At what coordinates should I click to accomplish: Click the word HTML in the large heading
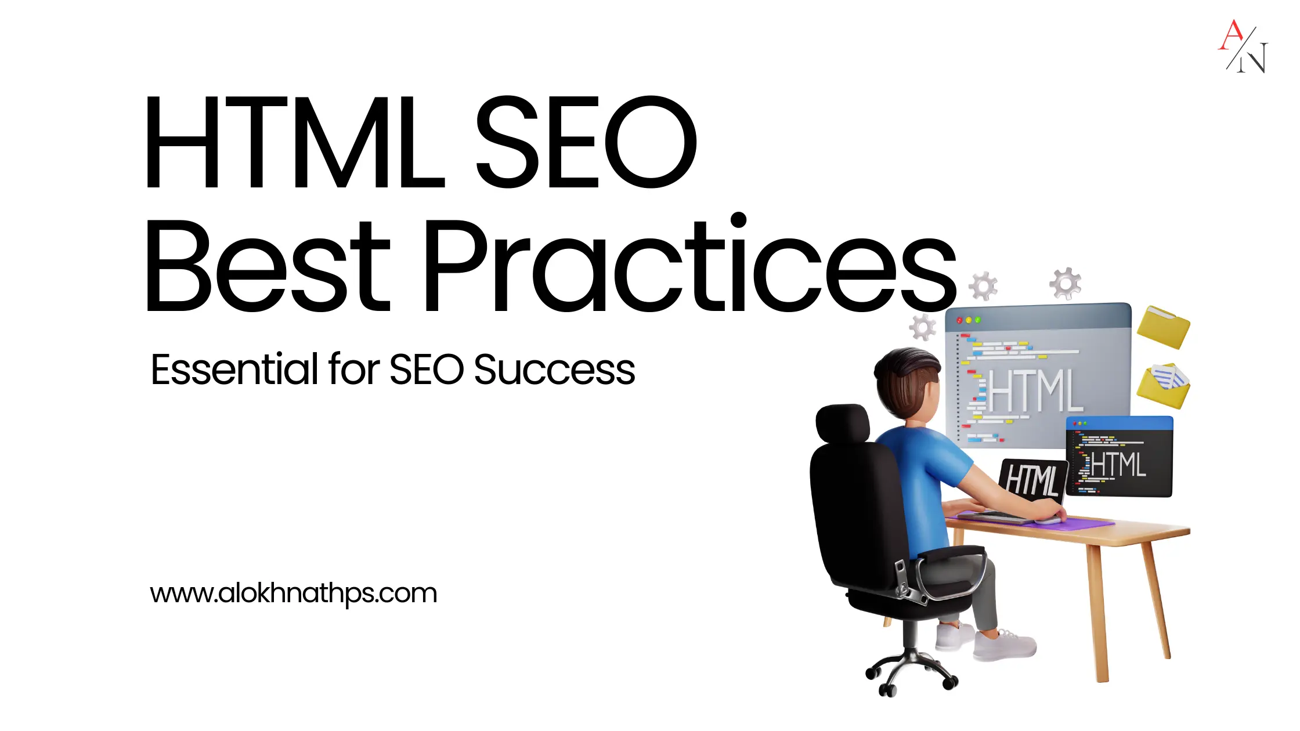pyautogui.click(x=295, y=143)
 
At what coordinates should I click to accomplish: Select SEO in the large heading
pyautogui.click(x=586, y=142)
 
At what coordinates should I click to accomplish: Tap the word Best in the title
pyautogui.click(x=268, y=266)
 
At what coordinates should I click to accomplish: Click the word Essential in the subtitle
pyautogui.click(x=235, y=369)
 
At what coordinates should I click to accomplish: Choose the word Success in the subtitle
pyautogui.click(x=555, y=370)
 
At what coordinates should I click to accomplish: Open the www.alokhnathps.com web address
pyautogui.click(x=294, y=593)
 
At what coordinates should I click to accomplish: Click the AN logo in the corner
pyautogui.click(x=1243, y=46)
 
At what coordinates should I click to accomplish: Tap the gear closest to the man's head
pyautogui.click(x=923, y=327)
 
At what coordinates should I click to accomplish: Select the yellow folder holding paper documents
pyautogui.click(x=1163, y=385)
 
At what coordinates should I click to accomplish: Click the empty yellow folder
pyautogui.click(x=1163, y=327)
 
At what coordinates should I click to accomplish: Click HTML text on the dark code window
pyautogui.click(x=1118, y=465)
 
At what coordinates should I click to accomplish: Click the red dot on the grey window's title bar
pyautogui.click(x=959, y=320)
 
